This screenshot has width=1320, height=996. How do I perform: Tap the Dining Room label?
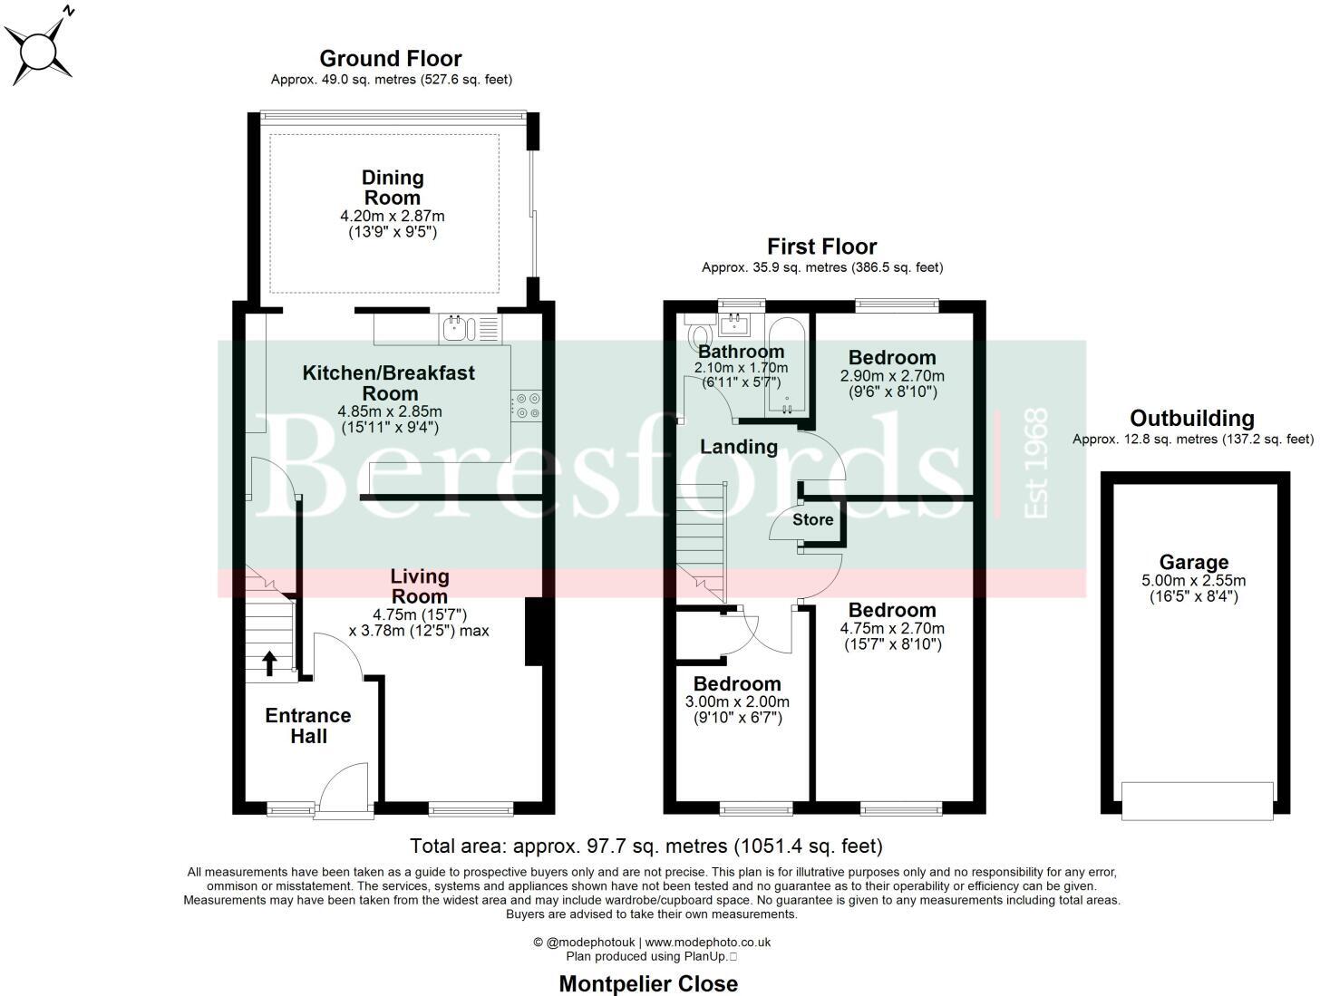pos(393,188)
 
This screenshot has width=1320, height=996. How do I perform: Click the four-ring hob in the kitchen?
pos(526,405)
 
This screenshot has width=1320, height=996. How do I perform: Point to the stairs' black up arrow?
pos(269,662)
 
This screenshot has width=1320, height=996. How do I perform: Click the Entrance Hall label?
pos(308,726)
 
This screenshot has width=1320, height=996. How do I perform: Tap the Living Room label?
pos(419,586)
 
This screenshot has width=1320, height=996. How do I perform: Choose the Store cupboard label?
pos(812,520)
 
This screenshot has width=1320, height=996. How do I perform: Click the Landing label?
pos(738,447)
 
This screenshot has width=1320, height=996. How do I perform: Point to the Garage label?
pos(1194,563)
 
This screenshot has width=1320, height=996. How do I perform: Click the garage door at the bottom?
pos(1197,799)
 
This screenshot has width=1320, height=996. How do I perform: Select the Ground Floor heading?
pos(391,59)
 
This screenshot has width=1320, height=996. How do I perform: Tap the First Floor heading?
pos(821,247)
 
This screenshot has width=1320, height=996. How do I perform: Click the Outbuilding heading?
pos(1191,419)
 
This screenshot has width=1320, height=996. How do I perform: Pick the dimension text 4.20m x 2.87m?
pos(393,217)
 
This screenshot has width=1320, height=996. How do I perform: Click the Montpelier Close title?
pos(647,983)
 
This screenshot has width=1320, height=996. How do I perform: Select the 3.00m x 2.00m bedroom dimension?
pos(737,702)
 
